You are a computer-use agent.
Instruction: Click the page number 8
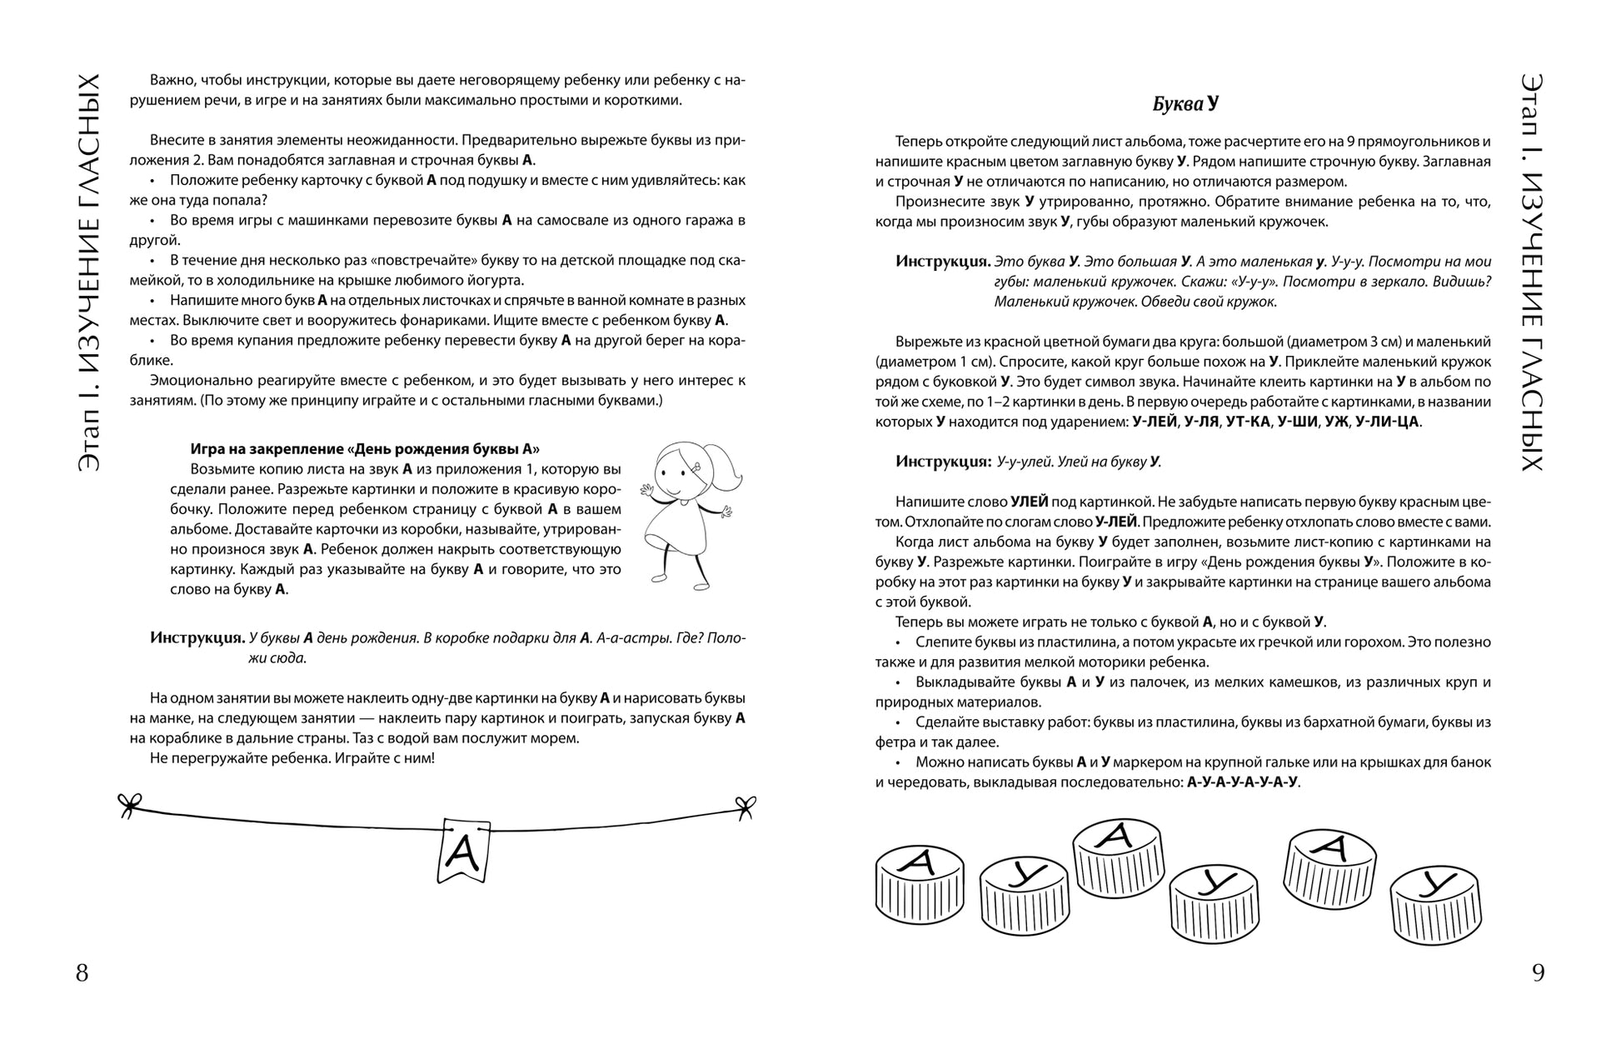click(x=82, y=972)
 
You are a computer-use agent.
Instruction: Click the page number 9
click(x=1538, y=972)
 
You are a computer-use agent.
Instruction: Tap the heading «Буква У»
click(x=1185, y=104)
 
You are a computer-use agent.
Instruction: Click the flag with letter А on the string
click(x=462, y=850)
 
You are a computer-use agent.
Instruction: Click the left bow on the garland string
click(x=129, y=803)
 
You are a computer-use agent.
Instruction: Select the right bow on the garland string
click(x=744, y=805)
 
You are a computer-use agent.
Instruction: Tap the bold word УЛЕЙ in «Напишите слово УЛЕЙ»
click(x=1030, y=502)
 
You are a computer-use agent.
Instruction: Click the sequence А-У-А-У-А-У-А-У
click(x=1242, y=782)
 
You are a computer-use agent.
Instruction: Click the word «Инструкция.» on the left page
click(x=197, y=638)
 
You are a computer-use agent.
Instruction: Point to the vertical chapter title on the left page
click(x=89, y=272)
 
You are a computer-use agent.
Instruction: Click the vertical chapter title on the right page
click(x=1531, y=272)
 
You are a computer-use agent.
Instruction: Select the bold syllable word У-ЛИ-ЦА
click(x=1387, y=422)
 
